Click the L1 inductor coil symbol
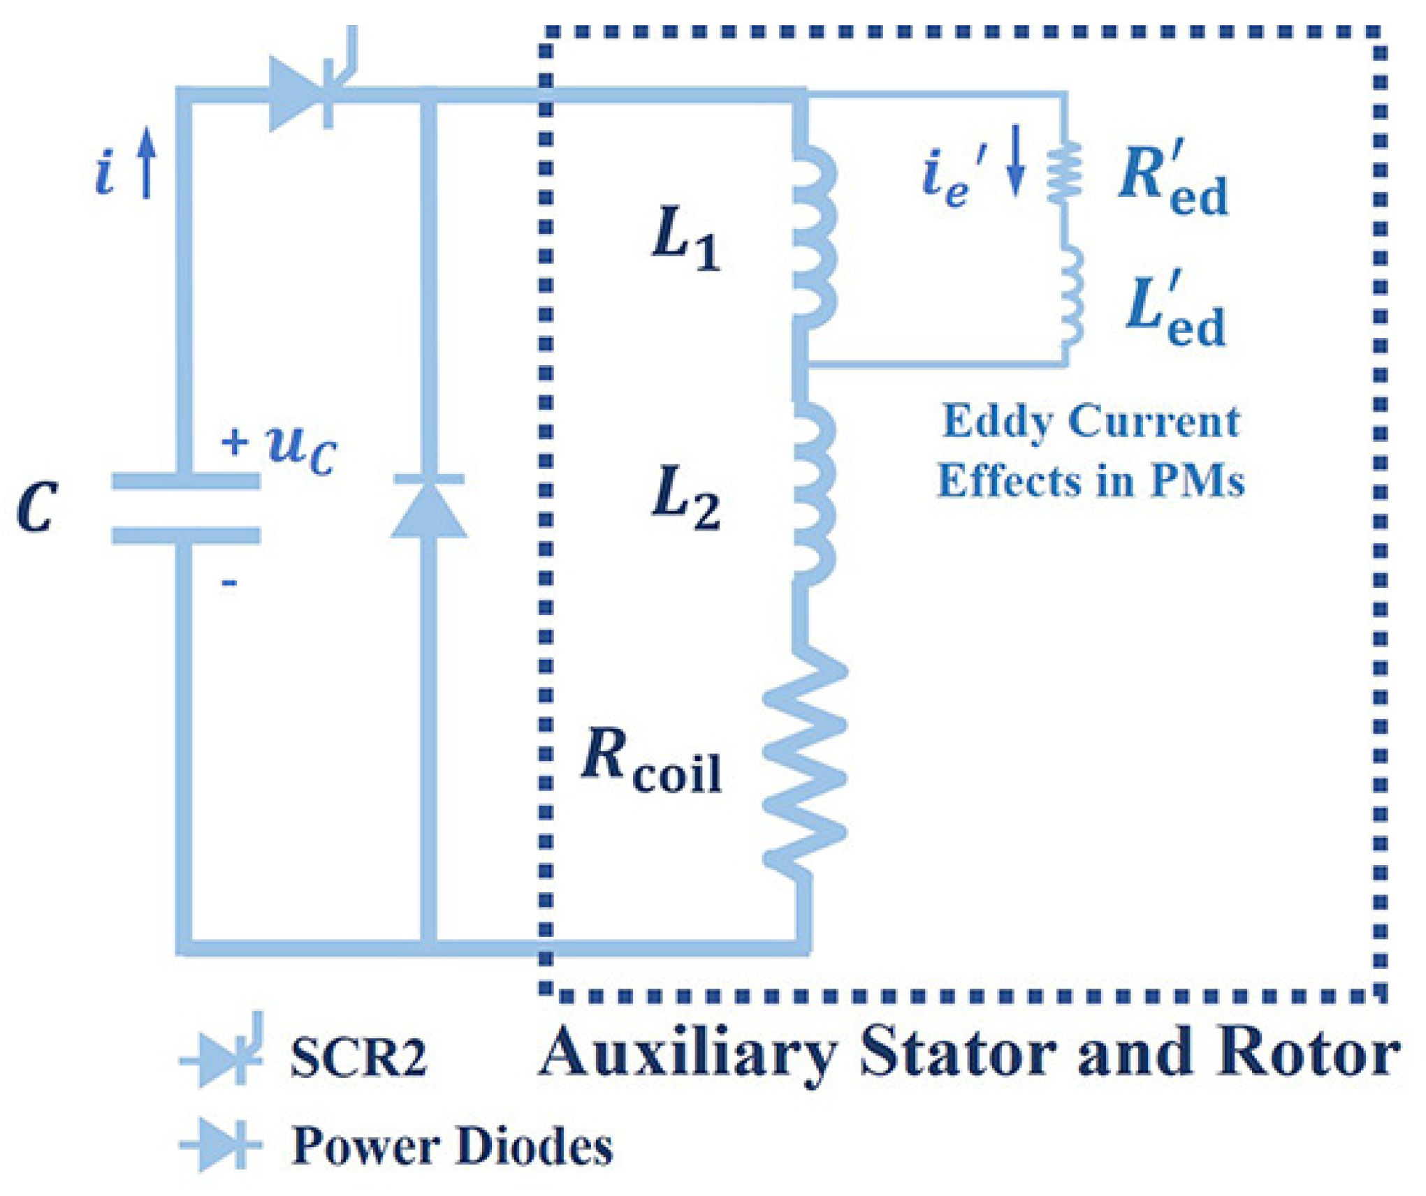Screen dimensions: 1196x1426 812,237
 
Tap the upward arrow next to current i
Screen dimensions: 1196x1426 146,163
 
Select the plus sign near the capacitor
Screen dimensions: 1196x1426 235,442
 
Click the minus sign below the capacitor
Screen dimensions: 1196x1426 229,582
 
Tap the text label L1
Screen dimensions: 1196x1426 685,238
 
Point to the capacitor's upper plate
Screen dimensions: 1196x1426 186,480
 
